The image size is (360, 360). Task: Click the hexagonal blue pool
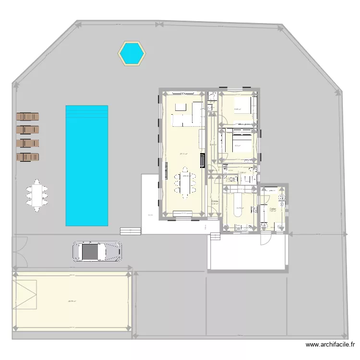[x=132, y=53]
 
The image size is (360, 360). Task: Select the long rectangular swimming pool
[x=86, y=166]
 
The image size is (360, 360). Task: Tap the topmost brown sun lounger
[x=27, y=117]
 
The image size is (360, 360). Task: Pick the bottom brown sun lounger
[x=27, y=156]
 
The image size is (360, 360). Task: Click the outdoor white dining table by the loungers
[x=37, y=195]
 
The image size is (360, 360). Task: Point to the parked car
[x=97, y=251]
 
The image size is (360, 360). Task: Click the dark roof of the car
[x=89, y=251]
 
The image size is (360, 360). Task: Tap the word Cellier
[x=272, y=209]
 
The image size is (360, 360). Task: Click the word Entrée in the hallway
[x=215, y=201]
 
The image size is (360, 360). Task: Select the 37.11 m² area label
[x=183, y=154]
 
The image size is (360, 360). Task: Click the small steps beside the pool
[x=130, y=230]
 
